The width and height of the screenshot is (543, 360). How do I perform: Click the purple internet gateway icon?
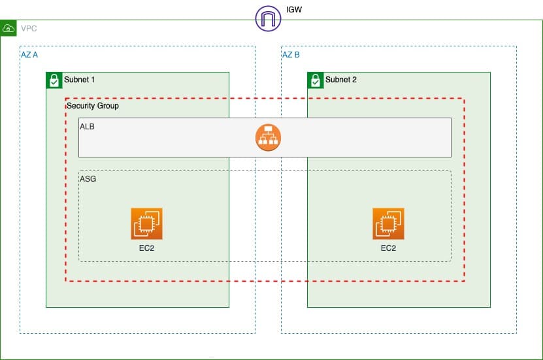(x=268, y=18)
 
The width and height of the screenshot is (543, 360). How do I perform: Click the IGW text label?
(x=295, y=10)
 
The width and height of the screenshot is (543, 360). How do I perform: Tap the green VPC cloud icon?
(x=8, y=29)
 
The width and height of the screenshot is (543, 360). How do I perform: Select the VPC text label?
(x=29, y=29)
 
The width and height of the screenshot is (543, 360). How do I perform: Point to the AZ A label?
(x=29, y=55)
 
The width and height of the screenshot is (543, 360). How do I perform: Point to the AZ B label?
(x=291, y=55)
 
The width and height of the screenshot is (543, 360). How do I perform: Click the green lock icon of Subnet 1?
(x=54, y=80)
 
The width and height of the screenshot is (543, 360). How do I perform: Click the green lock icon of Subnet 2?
(x=315, y=80)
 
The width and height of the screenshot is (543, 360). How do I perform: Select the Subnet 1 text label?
(x=79, y=80)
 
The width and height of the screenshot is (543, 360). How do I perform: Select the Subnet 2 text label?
(x=341, y=80)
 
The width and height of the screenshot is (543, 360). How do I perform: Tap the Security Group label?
(x=93, y=106)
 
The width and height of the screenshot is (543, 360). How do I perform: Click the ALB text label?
(x=87, y=126)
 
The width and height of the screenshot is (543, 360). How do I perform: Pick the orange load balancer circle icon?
(x=268, y=137)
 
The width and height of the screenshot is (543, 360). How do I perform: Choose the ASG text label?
(x=88, y=178)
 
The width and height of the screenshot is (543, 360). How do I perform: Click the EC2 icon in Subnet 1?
(x=146, y=224)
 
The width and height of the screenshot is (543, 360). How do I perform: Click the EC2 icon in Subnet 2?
(x=388, y=224)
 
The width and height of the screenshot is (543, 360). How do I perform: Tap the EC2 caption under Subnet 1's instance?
(x=146, y=248)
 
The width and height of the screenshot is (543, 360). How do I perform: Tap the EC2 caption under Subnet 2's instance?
(x=388, y=248)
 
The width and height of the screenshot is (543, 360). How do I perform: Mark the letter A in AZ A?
(x=35, y=55)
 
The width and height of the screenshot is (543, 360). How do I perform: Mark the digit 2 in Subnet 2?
(x=354, y=80)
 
